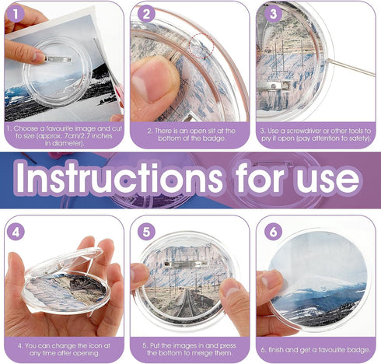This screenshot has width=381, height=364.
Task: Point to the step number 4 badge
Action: click(17, 231)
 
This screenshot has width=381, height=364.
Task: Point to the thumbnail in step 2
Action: click(156, 78)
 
